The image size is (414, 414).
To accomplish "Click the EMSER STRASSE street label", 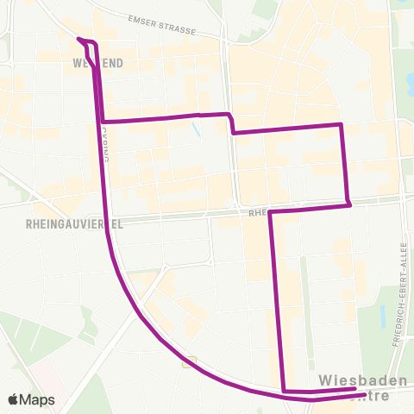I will click(161, 26).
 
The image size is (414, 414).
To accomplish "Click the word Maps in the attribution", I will click(38, 399).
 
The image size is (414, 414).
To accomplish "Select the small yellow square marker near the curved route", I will click(189, 363).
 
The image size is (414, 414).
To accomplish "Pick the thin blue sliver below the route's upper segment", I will click(198, 131).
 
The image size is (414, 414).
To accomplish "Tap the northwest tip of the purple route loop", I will click(78, 39).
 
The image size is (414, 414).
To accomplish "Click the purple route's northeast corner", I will click(342, 124).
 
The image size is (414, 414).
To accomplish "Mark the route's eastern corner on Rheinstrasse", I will click(349, 204).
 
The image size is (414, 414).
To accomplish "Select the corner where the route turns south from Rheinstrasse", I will click(271, 211).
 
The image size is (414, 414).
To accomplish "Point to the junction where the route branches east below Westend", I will click(103, 122).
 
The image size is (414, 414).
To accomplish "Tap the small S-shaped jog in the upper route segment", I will click(231, 123).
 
